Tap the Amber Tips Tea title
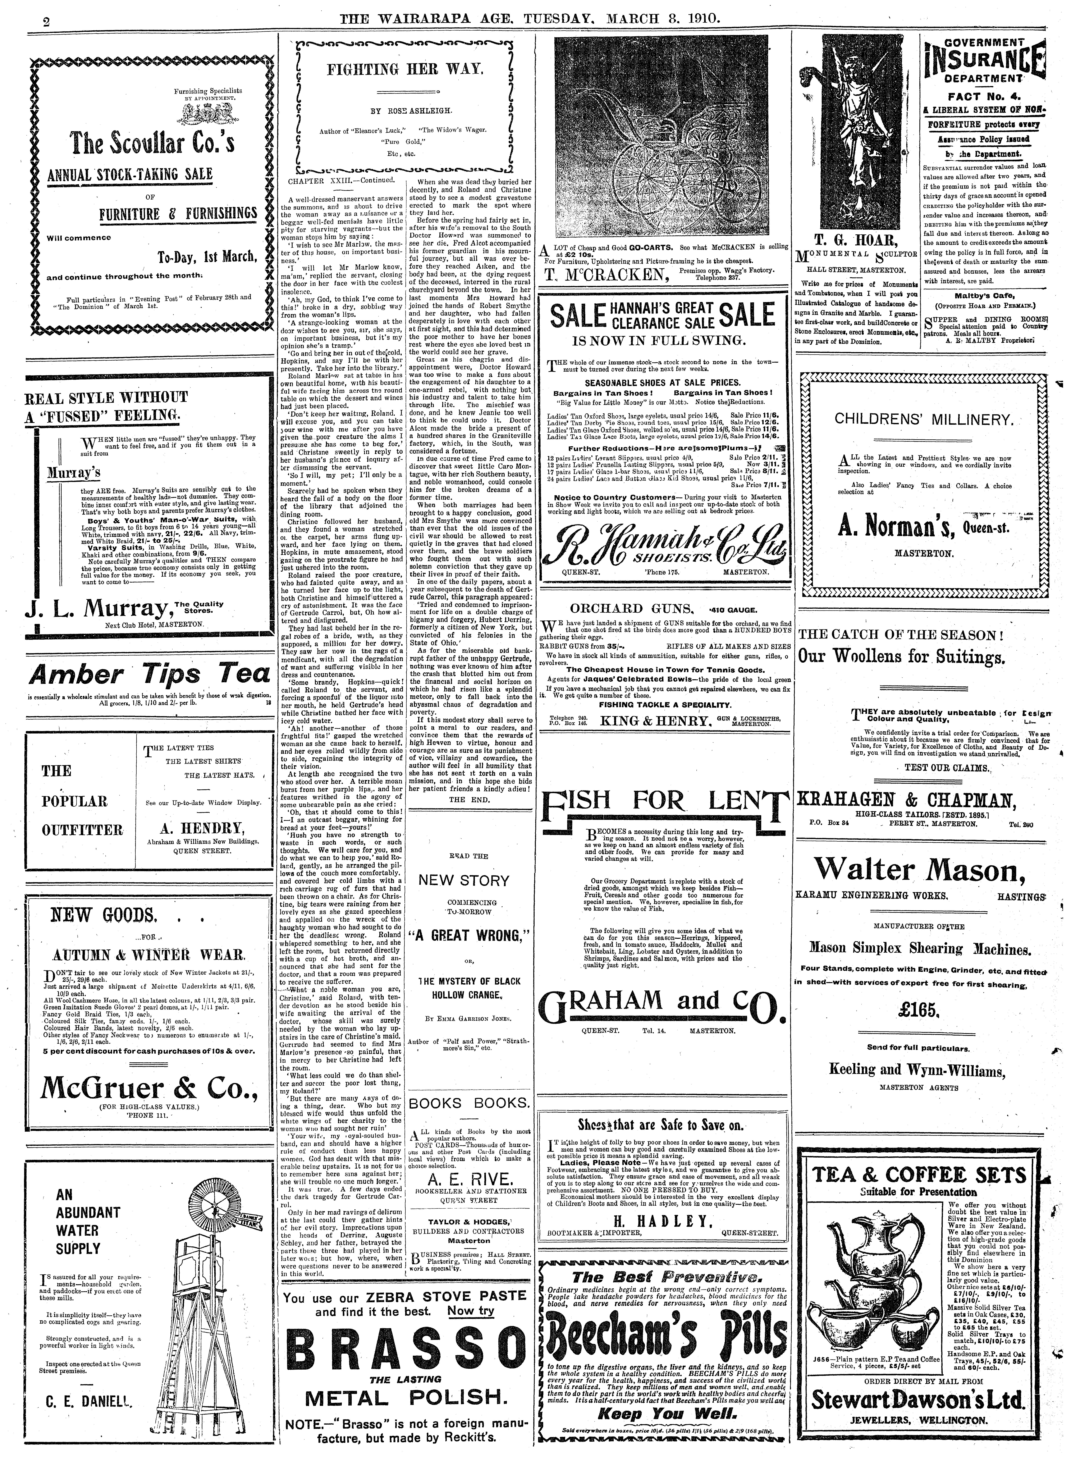(x=149, y=674)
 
